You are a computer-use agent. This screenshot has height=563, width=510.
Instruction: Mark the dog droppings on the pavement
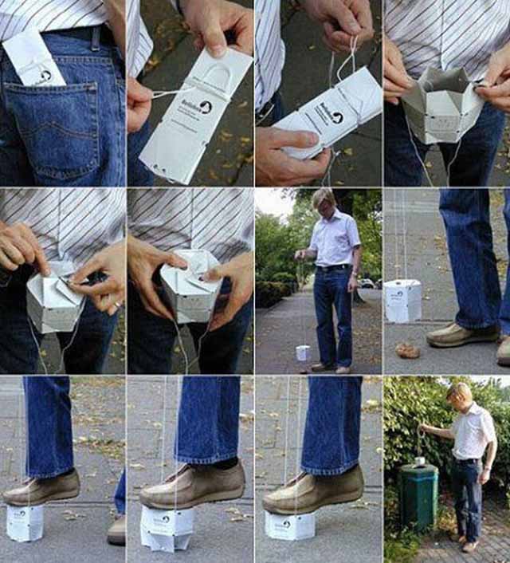point(407,350)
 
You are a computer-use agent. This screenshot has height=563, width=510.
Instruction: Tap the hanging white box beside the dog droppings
point(402,301)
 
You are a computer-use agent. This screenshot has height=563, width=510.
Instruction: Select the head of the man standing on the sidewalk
point(324,200)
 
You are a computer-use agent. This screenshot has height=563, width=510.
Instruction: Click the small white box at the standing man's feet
point(302,352)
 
